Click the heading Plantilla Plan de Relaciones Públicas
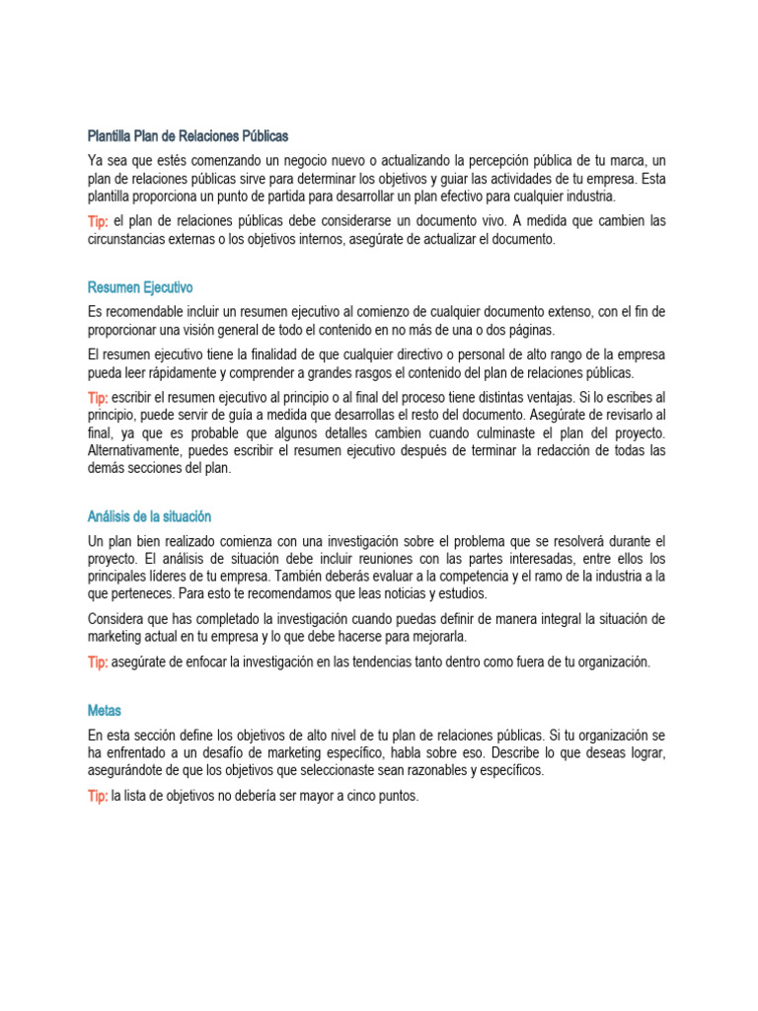pos(188,135)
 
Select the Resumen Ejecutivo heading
pos(140,287)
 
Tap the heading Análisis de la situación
pos(149,516)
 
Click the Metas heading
pos(104,710)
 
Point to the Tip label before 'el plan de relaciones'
pos(98,221)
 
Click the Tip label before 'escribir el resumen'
pos(98,398)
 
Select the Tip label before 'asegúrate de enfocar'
pos(98,662)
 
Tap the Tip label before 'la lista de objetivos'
pos(98,797)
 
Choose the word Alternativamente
pos(134,451)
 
